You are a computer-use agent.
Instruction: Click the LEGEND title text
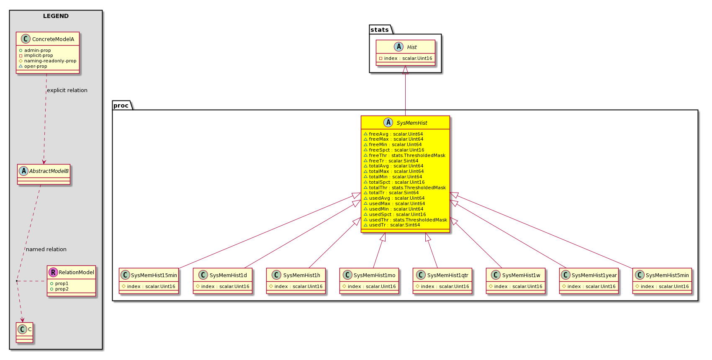[56, 16]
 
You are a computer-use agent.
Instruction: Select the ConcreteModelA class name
[53, 39]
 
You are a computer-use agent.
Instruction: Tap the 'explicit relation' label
[67, 90]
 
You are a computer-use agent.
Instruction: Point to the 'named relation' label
[46, 249]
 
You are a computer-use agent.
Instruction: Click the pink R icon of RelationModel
[53, 272]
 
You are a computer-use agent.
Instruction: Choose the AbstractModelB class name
[49, 171]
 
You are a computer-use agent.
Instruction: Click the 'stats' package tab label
[380, 30]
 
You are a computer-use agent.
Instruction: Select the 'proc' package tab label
[121, 105]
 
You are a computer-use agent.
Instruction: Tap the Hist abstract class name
[411, 47]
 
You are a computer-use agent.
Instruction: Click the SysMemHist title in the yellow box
[412, 123]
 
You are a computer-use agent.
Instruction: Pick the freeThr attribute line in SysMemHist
[405, 155]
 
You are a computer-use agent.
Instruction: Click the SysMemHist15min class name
[154, 275]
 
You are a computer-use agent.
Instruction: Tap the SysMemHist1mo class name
[375, 275]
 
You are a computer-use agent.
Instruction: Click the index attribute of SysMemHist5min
[662, 286]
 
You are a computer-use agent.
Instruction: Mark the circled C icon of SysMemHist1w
[496, 275]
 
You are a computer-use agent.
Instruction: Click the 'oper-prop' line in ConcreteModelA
[33, 66]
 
